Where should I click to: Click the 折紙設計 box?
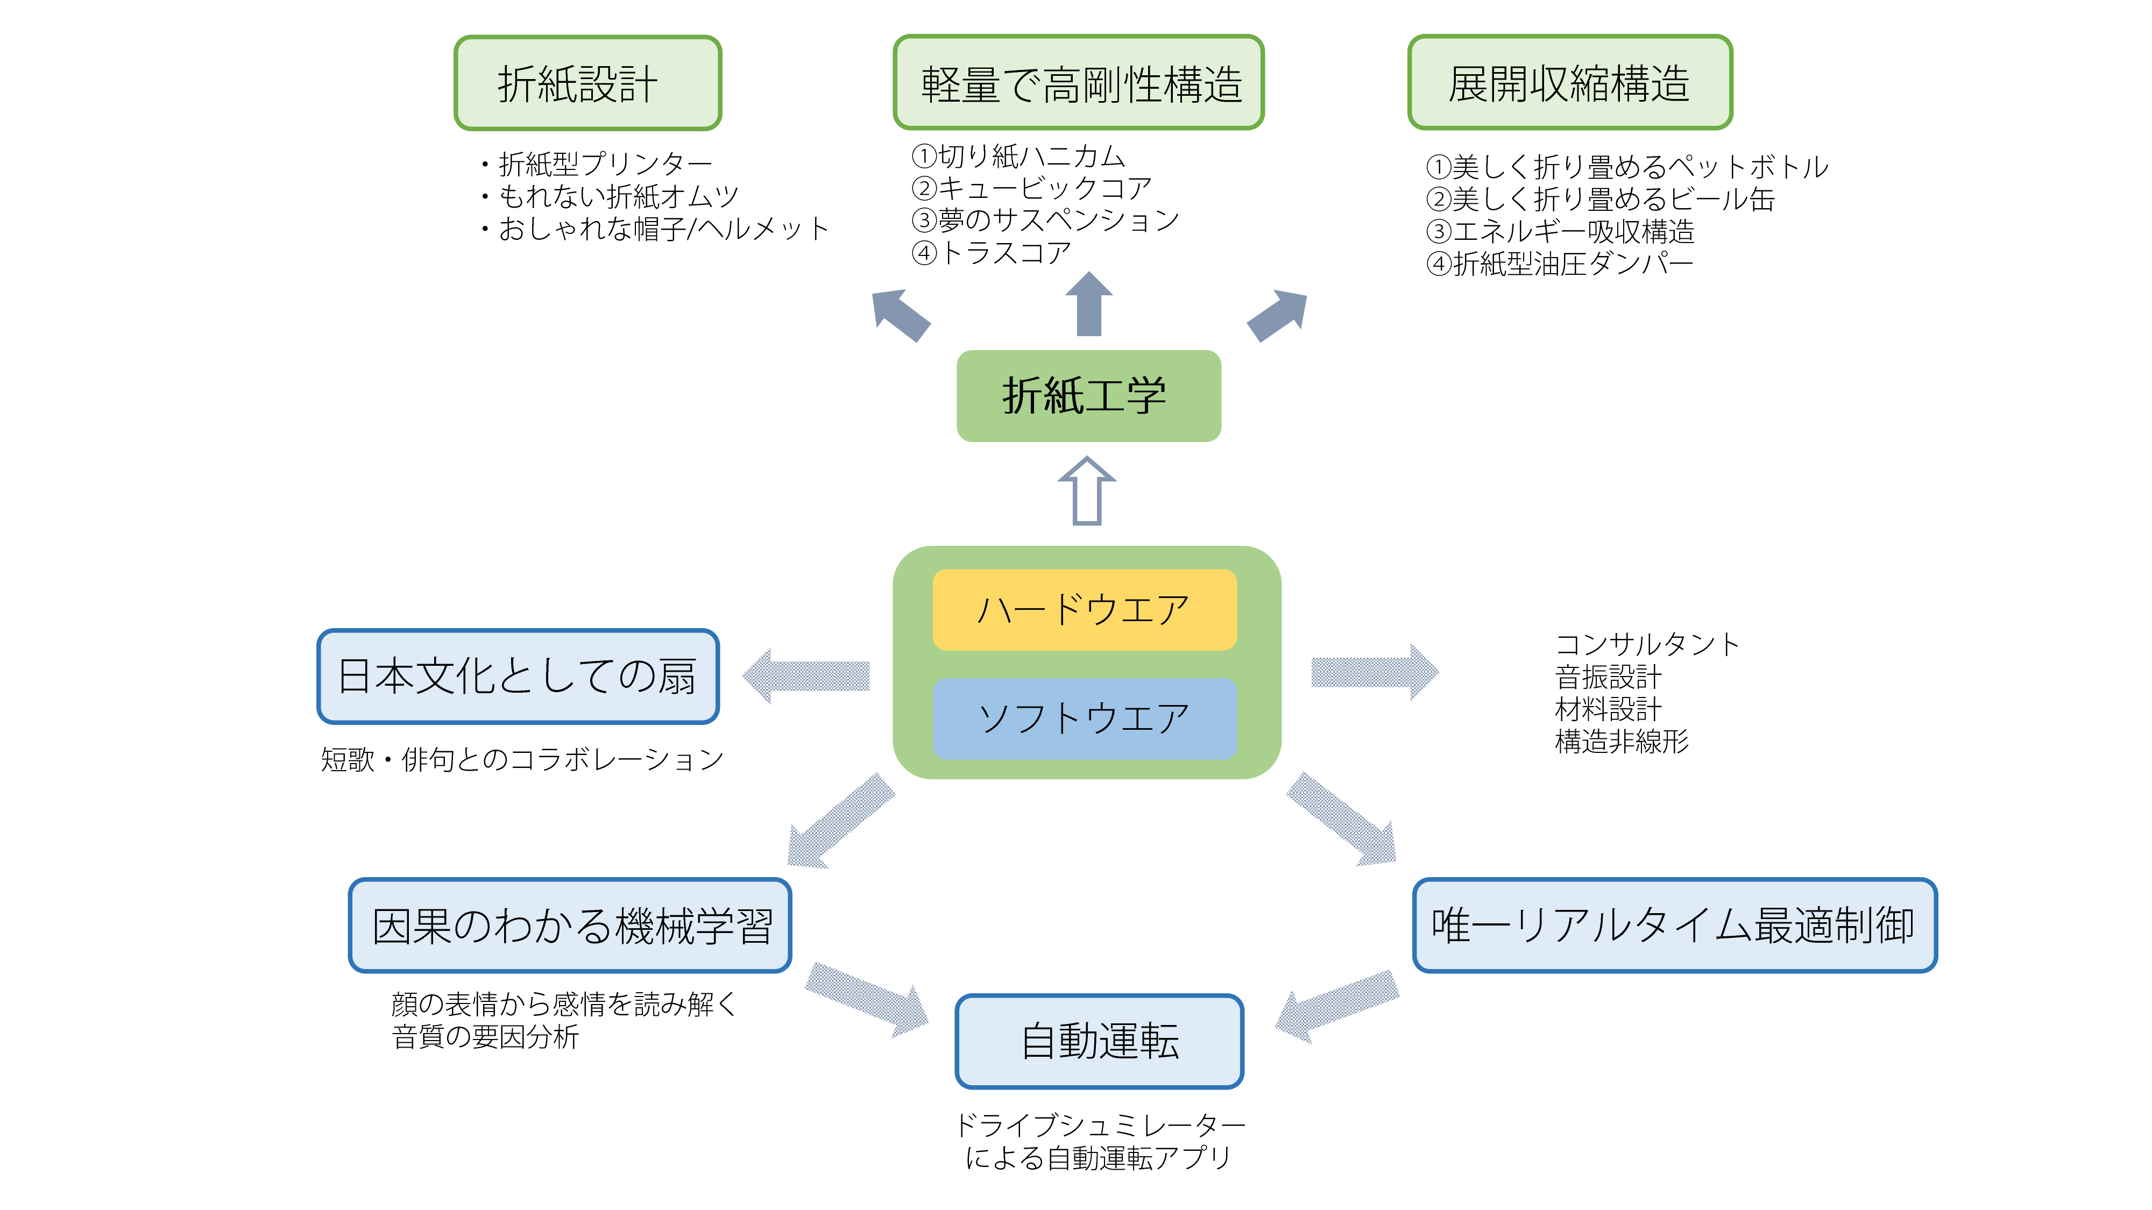(587, 83)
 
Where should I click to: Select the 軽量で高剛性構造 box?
(1079, 83)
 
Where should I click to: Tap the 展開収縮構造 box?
(1570, 83)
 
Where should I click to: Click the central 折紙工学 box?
(1088, 396)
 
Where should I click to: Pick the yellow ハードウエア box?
(1085, 610)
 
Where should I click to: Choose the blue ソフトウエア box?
(1085, 718)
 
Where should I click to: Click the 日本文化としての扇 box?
(518, 677)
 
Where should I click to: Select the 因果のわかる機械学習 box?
(570, 925)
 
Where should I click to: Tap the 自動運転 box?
(1099, 1041)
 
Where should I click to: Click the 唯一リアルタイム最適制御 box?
(1674, 925)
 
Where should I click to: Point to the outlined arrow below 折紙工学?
(1087, 491)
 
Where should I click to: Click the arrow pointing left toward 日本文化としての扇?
(806, 675)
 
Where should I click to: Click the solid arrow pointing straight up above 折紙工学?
(1089, 304)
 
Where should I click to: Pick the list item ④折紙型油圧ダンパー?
(1560, 264)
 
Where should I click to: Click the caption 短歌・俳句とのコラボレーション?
(522, 759)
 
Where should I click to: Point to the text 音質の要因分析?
(485, 1037)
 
